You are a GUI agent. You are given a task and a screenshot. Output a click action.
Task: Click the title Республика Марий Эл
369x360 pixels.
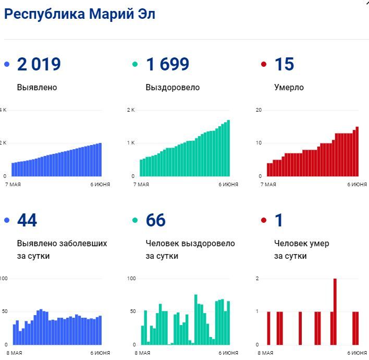[x=79, y=15]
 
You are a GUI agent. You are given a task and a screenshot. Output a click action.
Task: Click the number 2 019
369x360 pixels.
[x=39, y=65]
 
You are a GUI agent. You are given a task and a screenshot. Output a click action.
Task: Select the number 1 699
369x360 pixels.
[x=167, y=65]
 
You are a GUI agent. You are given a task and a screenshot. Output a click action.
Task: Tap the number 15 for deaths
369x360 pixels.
[x=284, y=65]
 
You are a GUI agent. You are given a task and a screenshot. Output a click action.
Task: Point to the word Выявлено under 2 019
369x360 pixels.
[x=37, y=88]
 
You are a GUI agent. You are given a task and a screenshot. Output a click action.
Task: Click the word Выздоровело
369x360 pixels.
[x=173, y=88]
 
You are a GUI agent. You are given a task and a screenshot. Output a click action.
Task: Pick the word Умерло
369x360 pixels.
[x=289, y=88]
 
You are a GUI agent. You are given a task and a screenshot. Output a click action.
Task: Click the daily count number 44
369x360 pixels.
[x=27, y=221]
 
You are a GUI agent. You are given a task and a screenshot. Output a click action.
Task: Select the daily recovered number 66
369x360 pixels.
[x=156, y=221]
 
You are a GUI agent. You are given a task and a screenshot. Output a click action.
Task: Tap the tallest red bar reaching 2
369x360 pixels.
[x=335, y=311]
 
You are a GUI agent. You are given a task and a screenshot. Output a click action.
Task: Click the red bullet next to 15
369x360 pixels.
[x=264, y=65]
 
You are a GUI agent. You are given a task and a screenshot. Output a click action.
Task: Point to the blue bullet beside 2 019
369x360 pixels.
[x=7, y=65]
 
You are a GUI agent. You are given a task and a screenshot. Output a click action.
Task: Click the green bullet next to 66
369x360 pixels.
[x=136, y=221]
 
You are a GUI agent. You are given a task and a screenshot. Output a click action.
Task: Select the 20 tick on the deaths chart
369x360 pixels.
[x=259, y=110]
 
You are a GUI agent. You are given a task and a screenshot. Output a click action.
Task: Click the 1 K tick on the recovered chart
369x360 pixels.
[x=131, y=143]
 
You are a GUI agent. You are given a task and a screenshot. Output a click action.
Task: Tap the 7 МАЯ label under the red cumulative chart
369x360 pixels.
[x=268, y=185]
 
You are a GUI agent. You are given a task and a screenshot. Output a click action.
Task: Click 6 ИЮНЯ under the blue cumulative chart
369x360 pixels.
[x=100, y=185]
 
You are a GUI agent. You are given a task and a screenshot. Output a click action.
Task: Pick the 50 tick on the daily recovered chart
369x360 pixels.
[x=132, y=311]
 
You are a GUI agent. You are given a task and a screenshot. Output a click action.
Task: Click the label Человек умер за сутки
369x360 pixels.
[x=301, y=249]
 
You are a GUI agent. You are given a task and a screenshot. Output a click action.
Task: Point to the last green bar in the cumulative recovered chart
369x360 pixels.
[x=228, y=148]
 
